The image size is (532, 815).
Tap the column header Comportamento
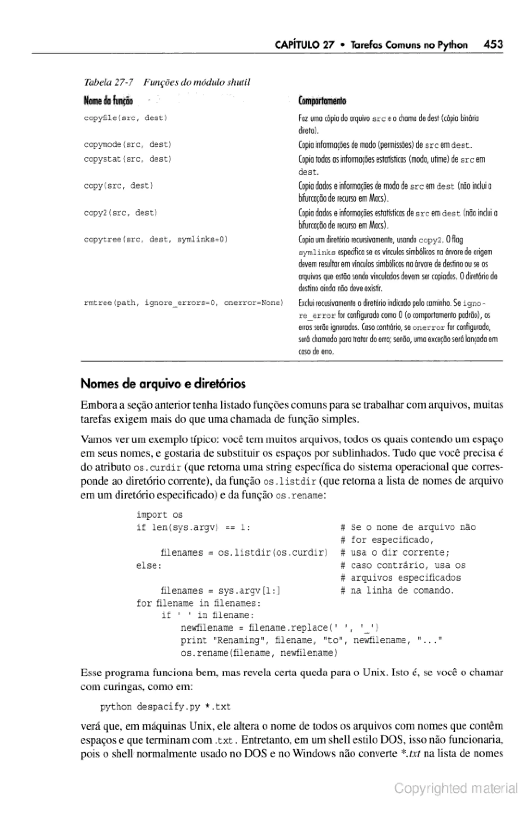[x=322, y=101]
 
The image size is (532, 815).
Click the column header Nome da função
[x=108, y=101]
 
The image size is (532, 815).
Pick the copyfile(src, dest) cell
[x=125, y=118]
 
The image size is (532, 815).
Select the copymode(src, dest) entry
[x=128, y=145]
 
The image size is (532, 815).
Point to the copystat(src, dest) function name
[x=128, y=159]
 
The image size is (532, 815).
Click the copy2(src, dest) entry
[x=121, y=213]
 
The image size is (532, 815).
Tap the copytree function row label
[x=156, y=239]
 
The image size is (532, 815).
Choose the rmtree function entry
[x=184, y=303]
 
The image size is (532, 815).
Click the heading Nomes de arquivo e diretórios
[x=163, y=384]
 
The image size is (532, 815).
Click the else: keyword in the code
[x=149, y=566]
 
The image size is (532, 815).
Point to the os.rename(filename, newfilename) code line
[x=259, y=653]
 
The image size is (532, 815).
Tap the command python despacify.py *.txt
[x=165, y=707]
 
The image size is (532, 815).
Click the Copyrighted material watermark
[x=456, y=788]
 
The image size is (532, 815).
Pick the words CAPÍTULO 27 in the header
[x=304, y=45]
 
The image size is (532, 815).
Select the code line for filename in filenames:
[x=198, y=603]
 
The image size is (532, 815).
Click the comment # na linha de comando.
[x=397, y=591]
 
